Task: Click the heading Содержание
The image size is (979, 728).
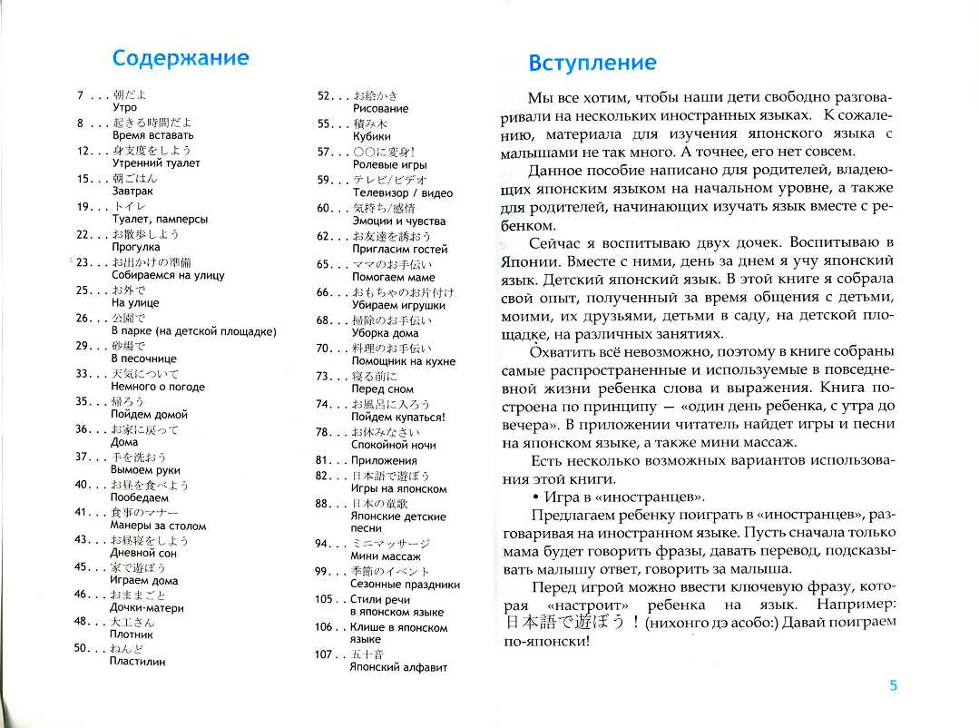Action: pyautogui.click(x=180, y=58)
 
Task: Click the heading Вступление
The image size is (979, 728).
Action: pyautogui.click(x=592, y=63)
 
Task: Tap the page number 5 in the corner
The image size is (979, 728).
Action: pyautogui.click(x=893, y=685)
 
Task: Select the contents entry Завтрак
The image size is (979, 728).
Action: pyautogui.click(x=132, y=192)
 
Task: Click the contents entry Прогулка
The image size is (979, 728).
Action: pyautogui.click(x=135, y=247)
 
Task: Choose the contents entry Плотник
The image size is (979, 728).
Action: pyautogui.click(x=132, y=636)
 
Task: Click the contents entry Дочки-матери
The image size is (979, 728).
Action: pyautogui.click(x=147, y=608)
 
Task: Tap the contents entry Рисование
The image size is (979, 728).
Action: pyautogui.click(x=380, y=109)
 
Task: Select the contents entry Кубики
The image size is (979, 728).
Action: pyautogui.click(x=371, y=136)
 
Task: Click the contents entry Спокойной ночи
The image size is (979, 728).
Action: pyautogui.click(x=393, y=446)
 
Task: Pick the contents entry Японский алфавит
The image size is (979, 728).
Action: pyautogui.click(x=398, y=667)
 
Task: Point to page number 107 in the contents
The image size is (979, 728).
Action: pyautogui.click(x=324, y=654)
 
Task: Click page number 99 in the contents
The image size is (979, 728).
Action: pyautogui.click(x=324, y=571)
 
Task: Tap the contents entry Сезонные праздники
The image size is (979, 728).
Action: pyautogui.click(x=406, y=585)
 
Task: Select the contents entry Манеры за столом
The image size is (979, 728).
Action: pyautogui.click(x=158, y=526)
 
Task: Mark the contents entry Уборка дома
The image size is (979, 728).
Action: pyautogui.click(x=385, y=333)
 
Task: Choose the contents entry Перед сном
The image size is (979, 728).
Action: pyautogui.click(x=382, y=389)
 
